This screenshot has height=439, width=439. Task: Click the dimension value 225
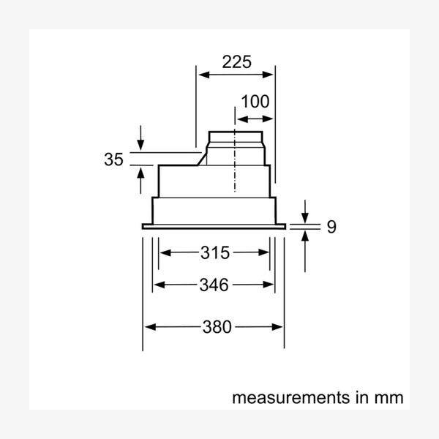click(x=236, y=62)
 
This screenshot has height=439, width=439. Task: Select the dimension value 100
click(x=255, y=102)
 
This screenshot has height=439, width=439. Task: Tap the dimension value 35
click(x=113, y=160)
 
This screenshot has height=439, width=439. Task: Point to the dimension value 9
click(x=331, y=227)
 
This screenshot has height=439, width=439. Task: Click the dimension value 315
click(x=214, y=253)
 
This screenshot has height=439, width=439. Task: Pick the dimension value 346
click(x=214, y=285)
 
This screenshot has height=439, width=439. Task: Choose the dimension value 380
click(x=214, y=327)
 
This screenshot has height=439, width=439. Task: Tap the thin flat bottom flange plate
click(x=213, y=227)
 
